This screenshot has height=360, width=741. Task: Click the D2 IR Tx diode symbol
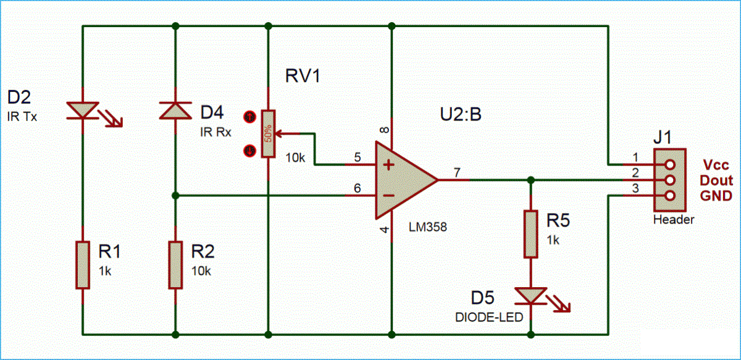tap(82, 111)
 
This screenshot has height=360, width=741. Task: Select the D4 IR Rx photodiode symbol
tap(175, 111)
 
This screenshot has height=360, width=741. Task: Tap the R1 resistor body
tap(82, 265)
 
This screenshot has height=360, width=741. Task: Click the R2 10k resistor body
tap(175, 265)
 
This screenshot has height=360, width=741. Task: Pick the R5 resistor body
tap(530, 234)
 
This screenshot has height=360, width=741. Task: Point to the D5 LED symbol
tap(530, 296)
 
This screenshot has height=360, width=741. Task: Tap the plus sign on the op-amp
tap(388, 165)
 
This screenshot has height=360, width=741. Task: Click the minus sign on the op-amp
tap(388, 196)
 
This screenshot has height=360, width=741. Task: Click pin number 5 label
tap(357, 157)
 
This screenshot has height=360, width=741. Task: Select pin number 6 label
tap(357, 188)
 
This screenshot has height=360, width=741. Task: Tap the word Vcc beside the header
tap(717, 165)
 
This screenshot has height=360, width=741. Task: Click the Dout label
tap(717, 180)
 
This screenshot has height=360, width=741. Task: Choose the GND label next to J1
tap(717, 196)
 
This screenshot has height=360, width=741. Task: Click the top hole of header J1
tap(668, 165)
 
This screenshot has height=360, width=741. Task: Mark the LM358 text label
tap(427, 227)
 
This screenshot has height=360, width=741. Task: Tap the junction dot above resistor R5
tap(530, 180)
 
